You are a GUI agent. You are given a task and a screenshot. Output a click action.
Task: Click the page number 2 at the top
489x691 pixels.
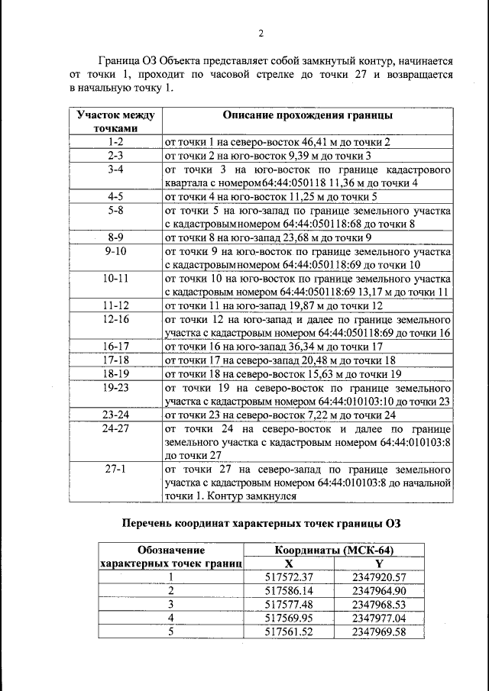[x=261, y=33]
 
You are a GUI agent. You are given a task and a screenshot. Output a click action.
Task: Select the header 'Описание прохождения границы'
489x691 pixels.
[x=307, y=116]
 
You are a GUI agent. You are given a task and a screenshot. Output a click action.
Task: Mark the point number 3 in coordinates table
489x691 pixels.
[x=171, y=604]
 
